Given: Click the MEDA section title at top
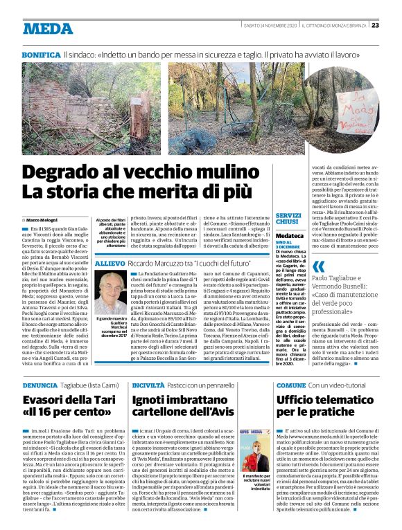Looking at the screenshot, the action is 46,28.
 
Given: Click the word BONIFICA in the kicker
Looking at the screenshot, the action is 41,53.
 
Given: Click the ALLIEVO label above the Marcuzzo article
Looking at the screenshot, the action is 110,264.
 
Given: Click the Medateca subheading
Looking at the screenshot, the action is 289,236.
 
